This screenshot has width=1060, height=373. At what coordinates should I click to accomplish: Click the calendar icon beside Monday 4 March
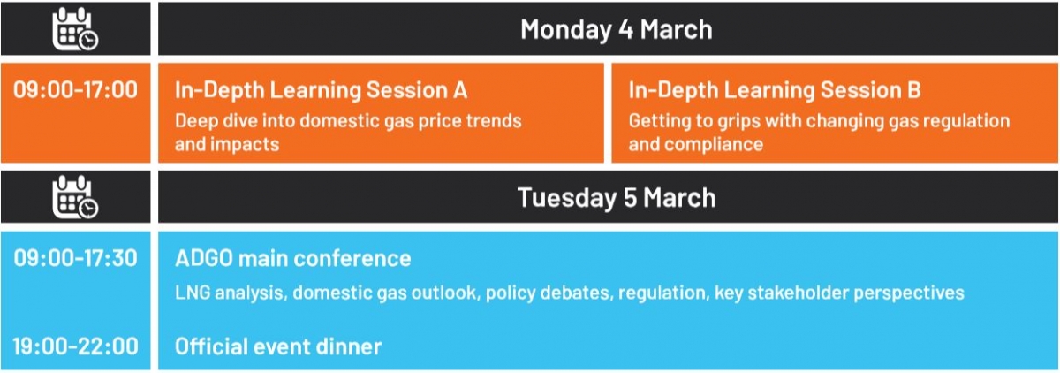click(x=75, y=29)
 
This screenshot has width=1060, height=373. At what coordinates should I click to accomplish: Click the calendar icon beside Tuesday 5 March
click(x=75, y=197)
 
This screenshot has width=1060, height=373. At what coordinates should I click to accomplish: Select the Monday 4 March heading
click(x=617, y=30)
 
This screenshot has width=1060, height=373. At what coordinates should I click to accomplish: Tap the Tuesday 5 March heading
click(x=617, y=197)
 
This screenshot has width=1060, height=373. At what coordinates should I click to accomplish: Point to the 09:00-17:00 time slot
click(x=75, y=90)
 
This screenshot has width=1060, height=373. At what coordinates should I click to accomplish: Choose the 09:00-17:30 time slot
click(x=75, y=258)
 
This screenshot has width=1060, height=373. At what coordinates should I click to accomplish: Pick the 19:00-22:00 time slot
click(x=75, y=346)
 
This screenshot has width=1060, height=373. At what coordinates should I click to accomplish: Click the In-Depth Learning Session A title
click(x=321, y=90)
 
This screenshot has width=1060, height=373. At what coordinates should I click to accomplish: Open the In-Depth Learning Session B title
click(x=775, y=90)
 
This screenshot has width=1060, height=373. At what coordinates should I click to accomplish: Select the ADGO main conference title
click(x=293, y=258)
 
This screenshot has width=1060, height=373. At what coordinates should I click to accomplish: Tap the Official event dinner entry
click(x=277, y=346)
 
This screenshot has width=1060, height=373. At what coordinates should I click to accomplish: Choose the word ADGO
click(x=204, y=258)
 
